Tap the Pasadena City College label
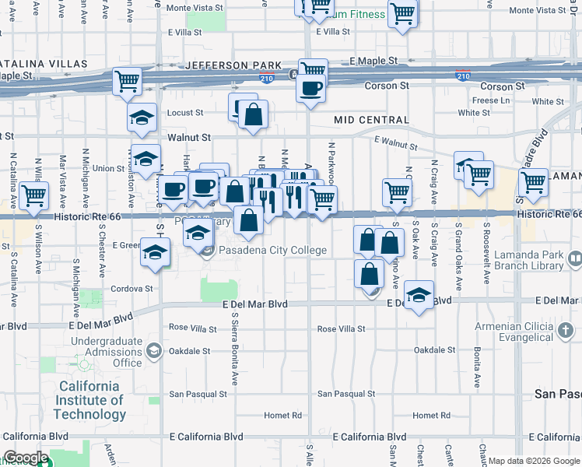pos(272,251)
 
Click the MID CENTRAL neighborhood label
pos(371,120)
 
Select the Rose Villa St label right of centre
pos(341,329)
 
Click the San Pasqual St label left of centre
pos(198,394)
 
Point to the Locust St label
pos(185,113)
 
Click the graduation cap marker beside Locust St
pos(142,117)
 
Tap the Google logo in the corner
pos(25,458)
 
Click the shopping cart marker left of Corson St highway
pos(127,80)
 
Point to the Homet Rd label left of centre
pos(282,415)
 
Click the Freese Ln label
pos(490,100)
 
